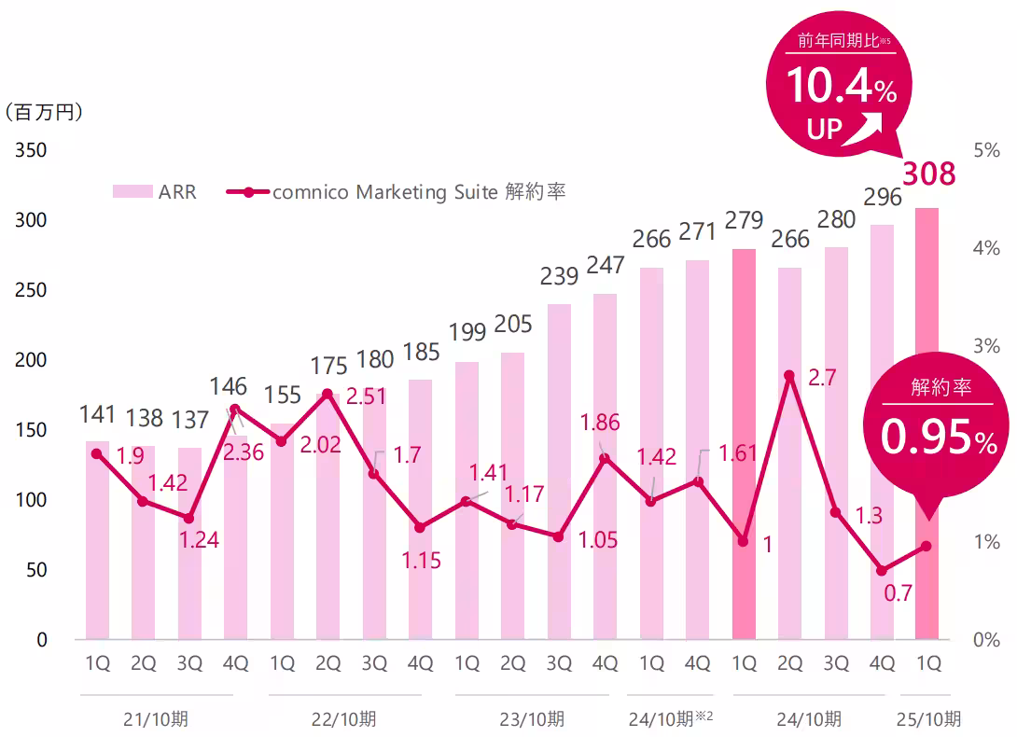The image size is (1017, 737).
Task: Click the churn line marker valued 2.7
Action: click(x=789, y=376)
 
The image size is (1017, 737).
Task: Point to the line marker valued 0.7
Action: click(x=881, y=570)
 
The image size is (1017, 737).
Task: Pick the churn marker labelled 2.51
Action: click(x=327, y=394)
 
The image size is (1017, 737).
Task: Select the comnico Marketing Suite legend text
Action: click(x=418, y=192)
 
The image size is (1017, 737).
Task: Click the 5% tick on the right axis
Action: click(x=985, y=150)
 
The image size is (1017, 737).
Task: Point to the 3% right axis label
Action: click(x=985, y=346)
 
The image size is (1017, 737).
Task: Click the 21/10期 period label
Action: click(x=155, y=719)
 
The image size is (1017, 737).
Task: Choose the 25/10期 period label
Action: click(x=927, y=719)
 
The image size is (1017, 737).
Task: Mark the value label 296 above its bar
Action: click(x=882, y=197)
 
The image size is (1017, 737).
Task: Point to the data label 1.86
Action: click(x=600, y=423)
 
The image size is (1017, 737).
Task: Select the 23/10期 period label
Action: click(x=532, y=719)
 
